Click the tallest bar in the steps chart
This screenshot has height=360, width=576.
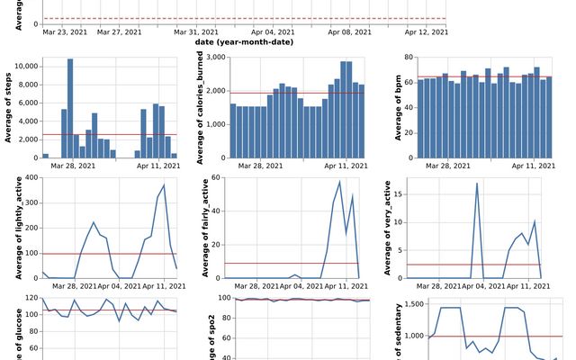70,108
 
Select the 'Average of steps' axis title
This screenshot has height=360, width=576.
8,108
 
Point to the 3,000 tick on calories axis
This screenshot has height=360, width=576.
215,58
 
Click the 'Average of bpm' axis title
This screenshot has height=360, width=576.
398,108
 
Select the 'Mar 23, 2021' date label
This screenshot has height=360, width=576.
66,31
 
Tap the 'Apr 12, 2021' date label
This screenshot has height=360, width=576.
426,31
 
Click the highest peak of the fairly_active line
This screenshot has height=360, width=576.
340,182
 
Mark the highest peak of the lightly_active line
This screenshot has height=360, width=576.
164,184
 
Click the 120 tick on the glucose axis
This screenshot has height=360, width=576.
33,299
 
